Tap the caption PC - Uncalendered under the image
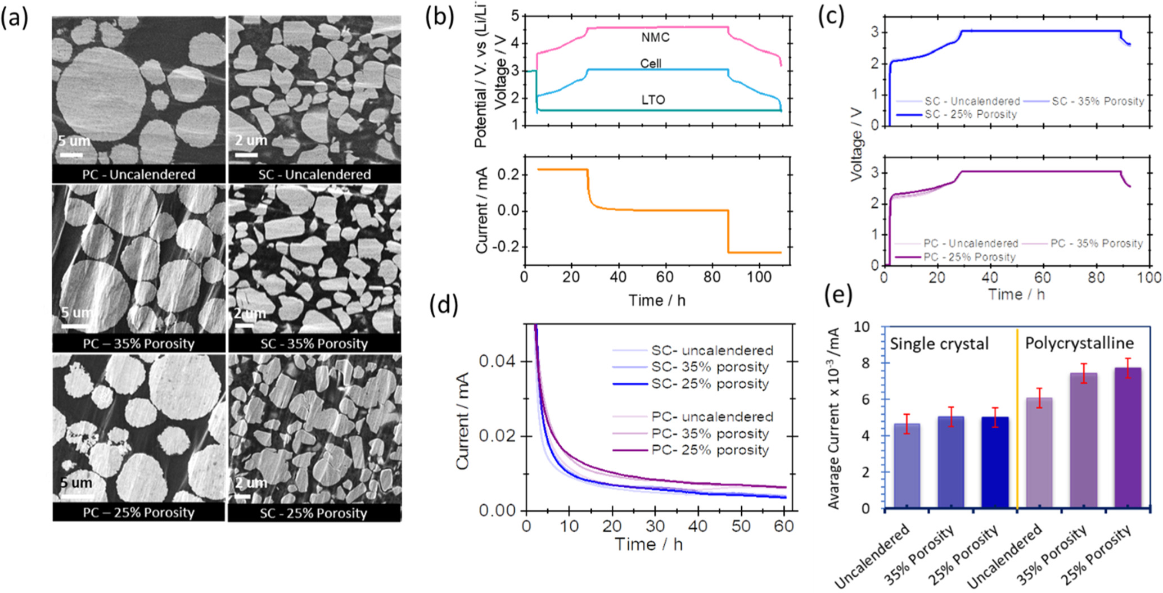[x=138, y=174]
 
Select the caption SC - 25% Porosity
[x=313, y=513]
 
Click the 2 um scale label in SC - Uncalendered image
[x=251, y=141]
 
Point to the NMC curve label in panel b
[x=655, y=38]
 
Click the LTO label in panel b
[x=653, y=100]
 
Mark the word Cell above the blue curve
[x=651, y=64]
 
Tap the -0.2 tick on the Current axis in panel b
[x=505, y=248]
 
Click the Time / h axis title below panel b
[x=657, y=301]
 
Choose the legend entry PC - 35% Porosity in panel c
[x=1096, y=244]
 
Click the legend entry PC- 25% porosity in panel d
[x=710, y=450]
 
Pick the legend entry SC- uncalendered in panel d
[x=712, y=351]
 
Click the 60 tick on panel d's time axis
[x=783, y=526]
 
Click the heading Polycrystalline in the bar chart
[x=1079, y=343]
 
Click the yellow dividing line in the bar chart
[x=1017, y=422]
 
